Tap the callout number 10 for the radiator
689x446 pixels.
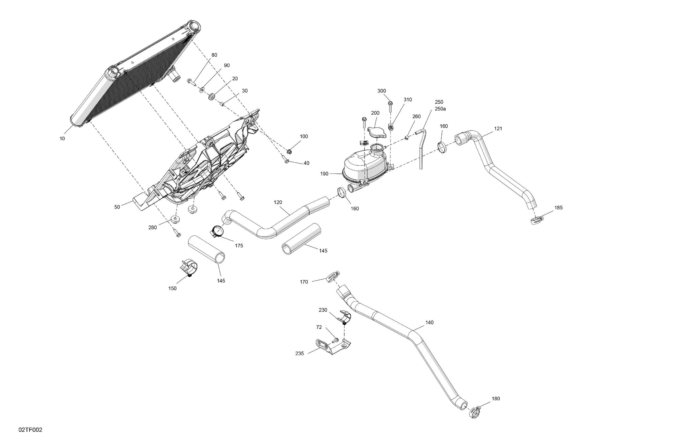pyautogui.click(x=62, y=139)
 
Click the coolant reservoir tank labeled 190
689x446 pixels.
pyautogui.click(x=365, y=166)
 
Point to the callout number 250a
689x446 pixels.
pyautogui.click(x=440, y=109)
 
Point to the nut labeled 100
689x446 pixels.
pyautogui.click(x=289, y=151)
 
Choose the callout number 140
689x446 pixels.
pyautogui.click(x=429, y=323)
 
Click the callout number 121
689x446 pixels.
pyautogui.click(x=498, y=129)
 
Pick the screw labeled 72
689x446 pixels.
pyautogui.click(x=336, y=340)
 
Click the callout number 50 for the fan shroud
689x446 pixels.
pyautogui.click(x=117, y=207)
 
